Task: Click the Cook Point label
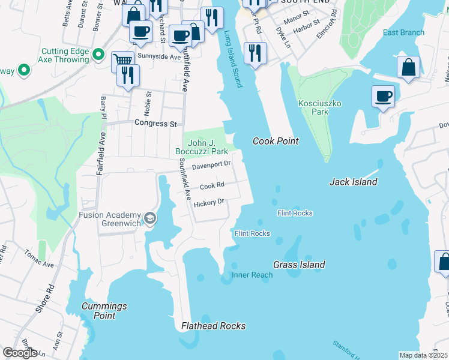pos(276,141)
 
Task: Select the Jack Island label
pos(353,182)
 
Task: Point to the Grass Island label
pos(299,265)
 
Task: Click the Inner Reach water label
pos(252,275)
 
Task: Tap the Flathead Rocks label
pos(213,326)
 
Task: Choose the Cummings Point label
pos(104,311)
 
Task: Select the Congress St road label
pos(156,124)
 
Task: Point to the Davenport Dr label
pos(211,164)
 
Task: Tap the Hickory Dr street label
pos(209,203)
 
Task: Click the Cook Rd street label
pos(212,186)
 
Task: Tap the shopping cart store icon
pos(122,60)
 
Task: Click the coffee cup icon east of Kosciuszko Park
pos(382,96)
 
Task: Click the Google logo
pos(20,353)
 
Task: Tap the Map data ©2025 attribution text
pos(423,355)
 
